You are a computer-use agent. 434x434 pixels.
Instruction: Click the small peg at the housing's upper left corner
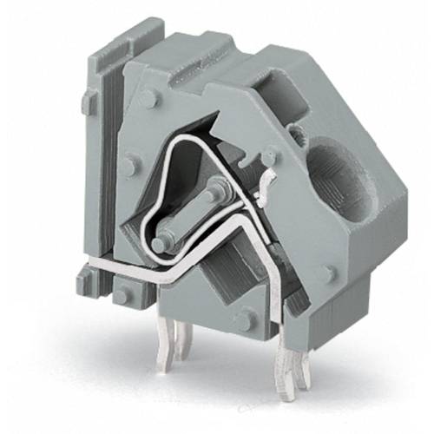148,98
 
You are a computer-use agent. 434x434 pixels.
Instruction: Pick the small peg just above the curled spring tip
270,156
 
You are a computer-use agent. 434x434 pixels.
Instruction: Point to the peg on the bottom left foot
123,296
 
